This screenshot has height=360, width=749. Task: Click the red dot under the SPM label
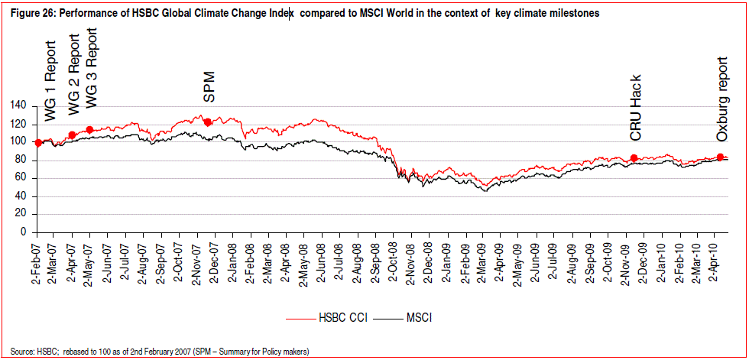click(x=207, y=122)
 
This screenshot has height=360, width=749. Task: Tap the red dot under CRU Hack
click(x=634, y=158)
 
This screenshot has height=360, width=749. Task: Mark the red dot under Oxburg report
click(x=720, y=157)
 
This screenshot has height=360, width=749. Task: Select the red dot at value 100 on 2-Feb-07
click(x=38, y=142)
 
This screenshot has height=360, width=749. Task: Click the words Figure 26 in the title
click(x=28, y=14)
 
